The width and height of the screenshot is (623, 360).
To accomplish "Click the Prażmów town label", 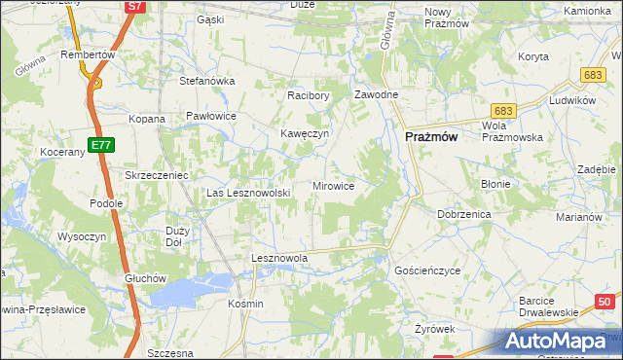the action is point(431,138).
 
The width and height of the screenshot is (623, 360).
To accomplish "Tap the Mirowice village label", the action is point(333,185).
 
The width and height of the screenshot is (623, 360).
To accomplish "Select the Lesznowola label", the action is point(279,258).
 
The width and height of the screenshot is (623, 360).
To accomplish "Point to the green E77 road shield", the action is point(97,145).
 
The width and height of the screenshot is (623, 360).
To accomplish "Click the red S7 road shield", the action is point(135,7).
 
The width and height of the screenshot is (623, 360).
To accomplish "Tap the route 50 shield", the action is point(605,302).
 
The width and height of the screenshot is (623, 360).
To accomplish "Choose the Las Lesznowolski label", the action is point(249,193).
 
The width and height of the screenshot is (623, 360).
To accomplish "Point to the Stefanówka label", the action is point(207,81).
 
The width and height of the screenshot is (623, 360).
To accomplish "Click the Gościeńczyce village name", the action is point(426,270).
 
